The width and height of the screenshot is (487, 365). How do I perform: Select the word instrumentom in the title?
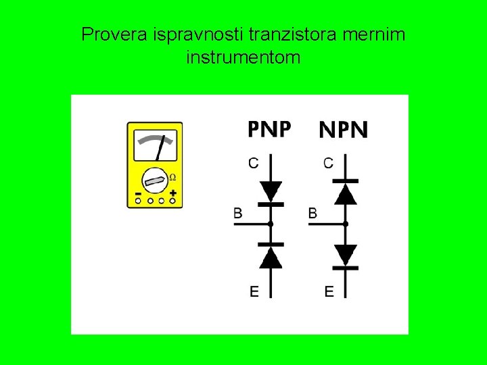[x=243, y=58]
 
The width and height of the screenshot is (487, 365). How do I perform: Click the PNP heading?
[x=269, y=128]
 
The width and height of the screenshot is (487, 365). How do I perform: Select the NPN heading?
[x=344, y=129]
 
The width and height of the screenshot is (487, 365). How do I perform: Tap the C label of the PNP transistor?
[x=254, y=163]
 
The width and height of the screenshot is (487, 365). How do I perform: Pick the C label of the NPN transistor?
[x=329, y=163]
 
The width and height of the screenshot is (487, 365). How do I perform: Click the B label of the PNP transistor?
[x=238, y=214]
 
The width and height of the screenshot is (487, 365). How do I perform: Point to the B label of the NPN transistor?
[x=313, y=214]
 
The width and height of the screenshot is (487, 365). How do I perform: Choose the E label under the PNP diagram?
[x=254, y=292]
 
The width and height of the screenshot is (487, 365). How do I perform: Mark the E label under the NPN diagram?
[x=329, y=292]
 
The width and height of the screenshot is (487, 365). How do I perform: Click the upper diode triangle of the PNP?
[x=271, y=191]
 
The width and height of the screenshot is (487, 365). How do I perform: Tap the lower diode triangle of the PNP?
[x=271, y=257]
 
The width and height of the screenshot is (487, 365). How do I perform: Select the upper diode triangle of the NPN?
[x=346, y=193]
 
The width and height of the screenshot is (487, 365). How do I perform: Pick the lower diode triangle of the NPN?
[x=346, y=254]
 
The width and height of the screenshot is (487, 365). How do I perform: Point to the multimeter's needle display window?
[x=155, y=143]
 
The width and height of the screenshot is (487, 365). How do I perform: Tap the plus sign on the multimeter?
[x=174, y=193]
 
